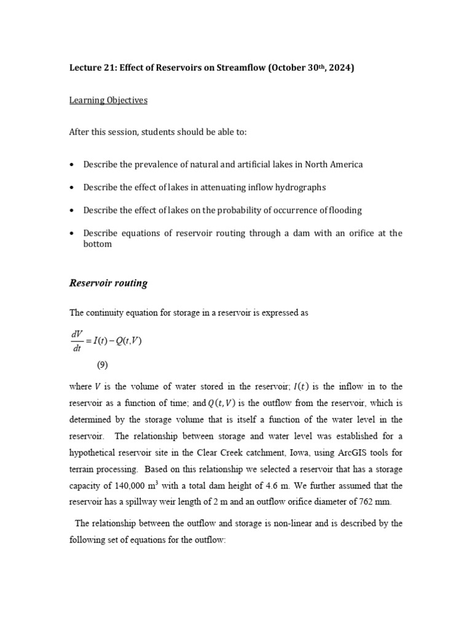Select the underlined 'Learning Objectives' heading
pyautogui.click(x=108, y=100)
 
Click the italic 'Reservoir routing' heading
pyautogui.click(x=108, y=284)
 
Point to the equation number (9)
pyautogui.click(x=102, y=365)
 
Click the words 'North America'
pyautogui.click(x=334, y=164)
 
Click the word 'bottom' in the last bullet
pyautogui.click(x=98, y=244)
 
